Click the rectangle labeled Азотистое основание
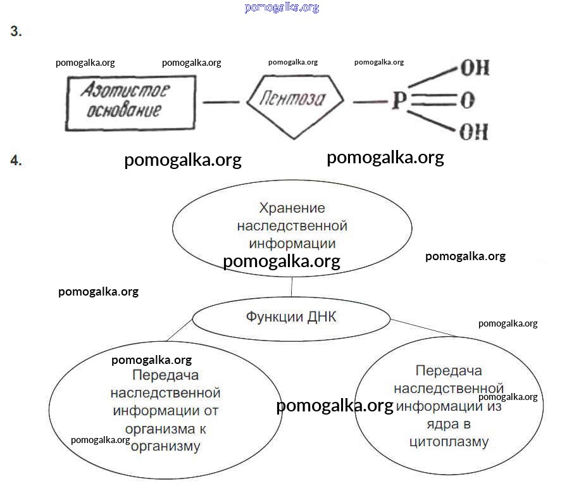[130, 103]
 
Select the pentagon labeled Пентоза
[294, 101]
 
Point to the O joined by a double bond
[468, 101]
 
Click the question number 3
[16, 32]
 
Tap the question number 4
[16, 161]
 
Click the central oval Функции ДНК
[291, 317]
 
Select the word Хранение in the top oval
[292, 208]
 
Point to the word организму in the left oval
[166, 446]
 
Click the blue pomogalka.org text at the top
[281, 8]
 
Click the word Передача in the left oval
[166, 375]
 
